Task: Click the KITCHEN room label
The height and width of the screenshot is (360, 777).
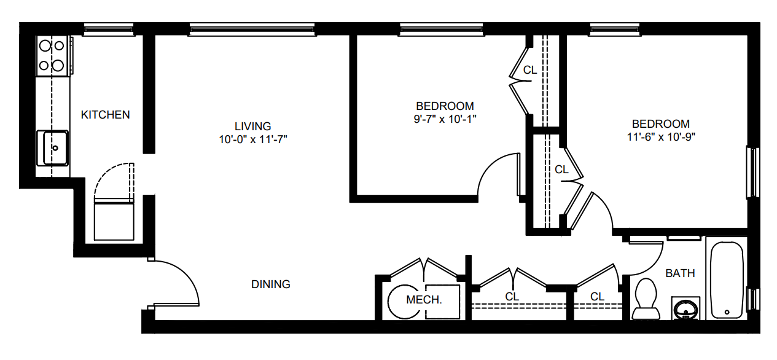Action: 105,115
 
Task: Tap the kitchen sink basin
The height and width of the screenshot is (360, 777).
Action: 52,148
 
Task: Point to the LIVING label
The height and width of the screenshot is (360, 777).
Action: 252,126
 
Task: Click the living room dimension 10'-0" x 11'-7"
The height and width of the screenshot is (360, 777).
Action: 253,139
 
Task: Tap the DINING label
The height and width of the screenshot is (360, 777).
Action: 270,284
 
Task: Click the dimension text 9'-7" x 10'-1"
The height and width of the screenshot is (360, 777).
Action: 445,119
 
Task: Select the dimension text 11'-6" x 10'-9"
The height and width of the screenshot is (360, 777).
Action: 661,137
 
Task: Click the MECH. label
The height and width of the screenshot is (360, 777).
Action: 424,300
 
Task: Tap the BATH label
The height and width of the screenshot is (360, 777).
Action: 680,273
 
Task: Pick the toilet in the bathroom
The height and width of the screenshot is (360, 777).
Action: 646,299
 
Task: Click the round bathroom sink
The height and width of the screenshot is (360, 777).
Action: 685,308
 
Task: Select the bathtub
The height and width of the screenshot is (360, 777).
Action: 727,280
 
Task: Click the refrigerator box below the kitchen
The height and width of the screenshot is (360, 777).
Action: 114,221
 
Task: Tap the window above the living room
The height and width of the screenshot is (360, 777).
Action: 252,29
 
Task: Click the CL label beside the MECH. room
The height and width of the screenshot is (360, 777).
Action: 512,297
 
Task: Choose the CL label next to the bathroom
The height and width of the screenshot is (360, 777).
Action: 597,297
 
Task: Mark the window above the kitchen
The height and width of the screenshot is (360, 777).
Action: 109,29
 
